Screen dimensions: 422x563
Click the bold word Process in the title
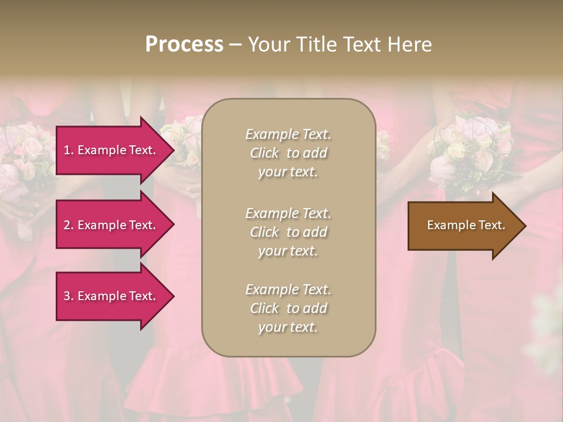coord(184,45)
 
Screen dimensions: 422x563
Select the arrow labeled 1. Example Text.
coord(111,150)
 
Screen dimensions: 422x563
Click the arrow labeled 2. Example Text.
coord(111,225)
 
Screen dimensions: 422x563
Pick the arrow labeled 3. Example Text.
coord(111,296)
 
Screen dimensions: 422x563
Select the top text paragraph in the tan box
coord(288,153)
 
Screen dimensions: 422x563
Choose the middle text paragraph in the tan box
coord(288,232)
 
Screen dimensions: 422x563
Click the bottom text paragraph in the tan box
coord(288,308)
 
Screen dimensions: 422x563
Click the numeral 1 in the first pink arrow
coord(67,150)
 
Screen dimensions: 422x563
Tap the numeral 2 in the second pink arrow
coord(67,225)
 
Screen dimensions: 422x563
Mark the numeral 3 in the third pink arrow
coord(67,296)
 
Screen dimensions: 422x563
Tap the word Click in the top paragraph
coord(264,153)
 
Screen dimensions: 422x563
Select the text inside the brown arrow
coord(466,225)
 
